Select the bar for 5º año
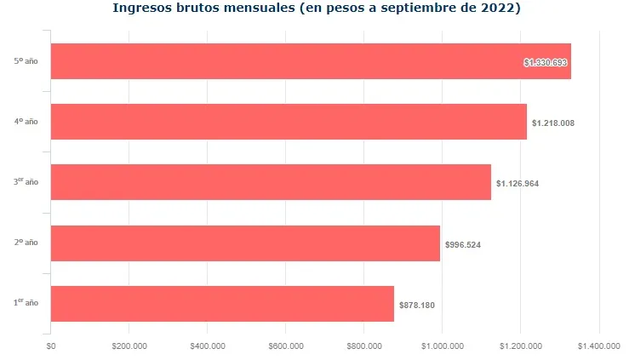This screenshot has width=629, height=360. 310,61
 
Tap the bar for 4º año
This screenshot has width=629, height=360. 288,122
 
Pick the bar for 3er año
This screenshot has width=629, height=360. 270,182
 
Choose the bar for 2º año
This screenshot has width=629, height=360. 244,243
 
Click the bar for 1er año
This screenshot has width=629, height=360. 221,304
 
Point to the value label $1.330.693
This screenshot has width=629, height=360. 546,62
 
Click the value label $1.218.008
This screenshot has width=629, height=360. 552,123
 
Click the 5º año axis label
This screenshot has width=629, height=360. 26,61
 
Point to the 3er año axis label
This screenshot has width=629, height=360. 26,182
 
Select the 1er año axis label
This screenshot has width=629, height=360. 26,303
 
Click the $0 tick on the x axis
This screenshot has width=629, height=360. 51,346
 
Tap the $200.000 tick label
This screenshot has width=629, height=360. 129,346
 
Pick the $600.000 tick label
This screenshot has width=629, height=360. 286,346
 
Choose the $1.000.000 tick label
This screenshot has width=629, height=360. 443,346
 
